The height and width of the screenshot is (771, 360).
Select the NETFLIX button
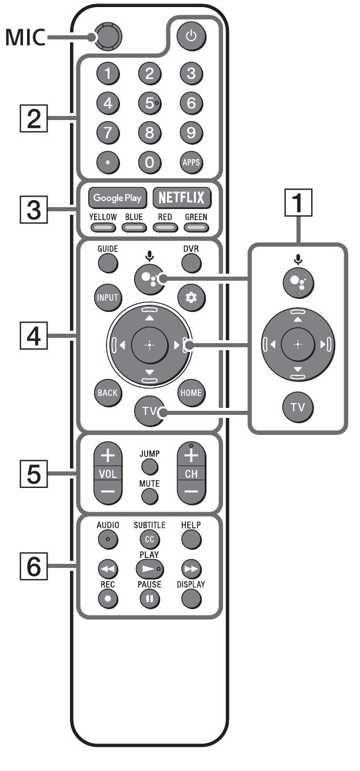coord(182,198)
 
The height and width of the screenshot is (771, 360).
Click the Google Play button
coord(116,198)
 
